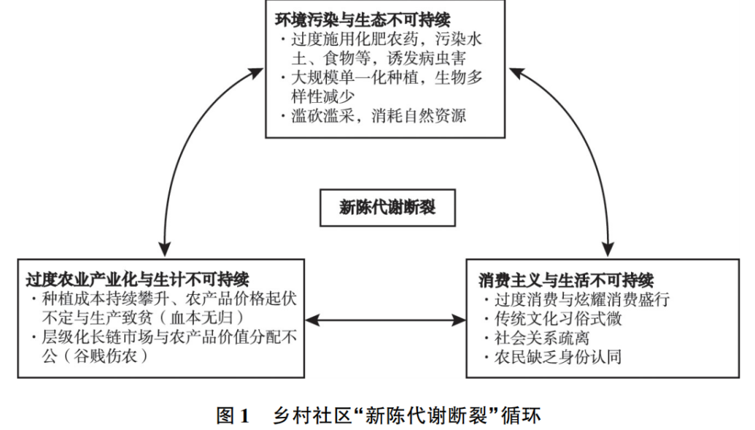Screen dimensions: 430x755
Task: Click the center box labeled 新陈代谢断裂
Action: pyautogui.click(x=387, y=207)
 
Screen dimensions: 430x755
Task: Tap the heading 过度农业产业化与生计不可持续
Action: pyautogui.click(x=137, y=280)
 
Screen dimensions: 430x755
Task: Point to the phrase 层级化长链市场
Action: pyautogui.click(x=89, y=337)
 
